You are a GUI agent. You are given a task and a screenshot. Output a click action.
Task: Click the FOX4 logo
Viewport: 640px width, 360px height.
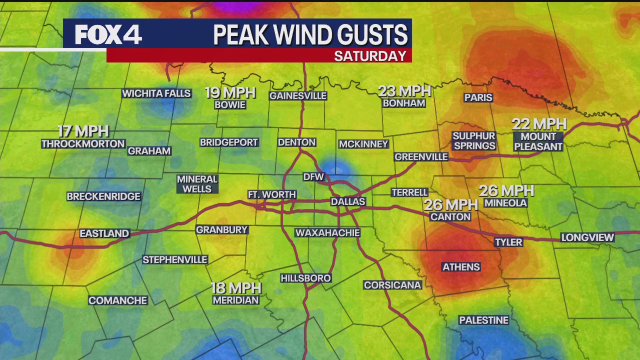tap(108, 34)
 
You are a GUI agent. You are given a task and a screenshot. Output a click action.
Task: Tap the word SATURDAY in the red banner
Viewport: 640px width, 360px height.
tap(370, 56)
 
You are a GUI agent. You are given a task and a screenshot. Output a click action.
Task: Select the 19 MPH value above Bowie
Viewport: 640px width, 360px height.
tap(230, 92)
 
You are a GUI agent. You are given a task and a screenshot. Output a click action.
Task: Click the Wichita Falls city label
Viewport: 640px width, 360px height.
tap(156, 93)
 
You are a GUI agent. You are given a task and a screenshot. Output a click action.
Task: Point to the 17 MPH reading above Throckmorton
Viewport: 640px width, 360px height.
tap(83, 131)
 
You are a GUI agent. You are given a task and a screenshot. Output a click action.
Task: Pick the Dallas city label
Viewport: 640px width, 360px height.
tap(348, 201)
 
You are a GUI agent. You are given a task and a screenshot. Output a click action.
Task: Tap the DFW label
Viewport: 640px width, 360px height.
tap(314, 177)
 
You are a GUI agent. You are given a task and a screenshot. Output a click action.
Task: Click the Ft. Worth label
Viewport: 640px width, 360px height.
tap(272, 194)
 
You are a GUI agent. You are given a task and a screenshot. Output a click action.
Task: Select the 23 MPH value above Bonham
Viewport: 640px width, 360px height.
tap(404, 91)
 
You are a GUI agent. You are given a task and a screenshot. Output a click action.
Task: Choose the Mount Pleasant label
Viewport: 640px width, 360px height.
tap(538, 141)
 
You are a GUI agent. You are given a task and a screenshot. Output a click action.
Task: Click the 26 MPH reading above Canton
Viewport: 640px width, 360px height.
tap(451, 204)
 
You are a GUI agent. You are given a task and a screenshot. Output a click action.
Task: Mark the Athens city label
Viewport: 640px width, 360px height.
tap(461, 267)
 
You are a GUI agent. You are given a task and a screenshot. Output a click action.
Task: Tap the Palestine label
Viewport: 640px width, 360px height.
tap(483, 320)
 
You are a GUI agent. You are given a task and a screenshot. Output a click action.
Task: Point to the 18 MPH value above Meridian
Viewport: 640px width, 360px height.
tap(236, 288)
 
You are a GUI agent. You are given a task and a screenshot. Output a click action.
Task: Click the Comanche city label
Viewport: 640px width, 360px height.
tap(118, 300)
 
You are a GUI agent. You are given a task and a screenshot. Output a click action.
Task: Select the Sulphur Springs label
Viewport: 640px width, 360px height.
tap(474, 141)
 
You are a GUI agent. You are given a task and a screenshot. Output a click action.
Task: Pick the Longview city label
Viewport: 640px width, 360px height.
tap(587, 237)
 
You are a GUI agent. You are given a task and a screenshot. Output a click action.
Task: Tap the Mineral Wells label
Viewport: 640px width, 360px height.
tap(197, 184)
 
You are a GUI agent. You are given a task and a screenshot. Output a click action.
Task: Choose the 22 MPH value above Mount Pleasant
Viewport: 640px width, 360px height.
tap(538, 124)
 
